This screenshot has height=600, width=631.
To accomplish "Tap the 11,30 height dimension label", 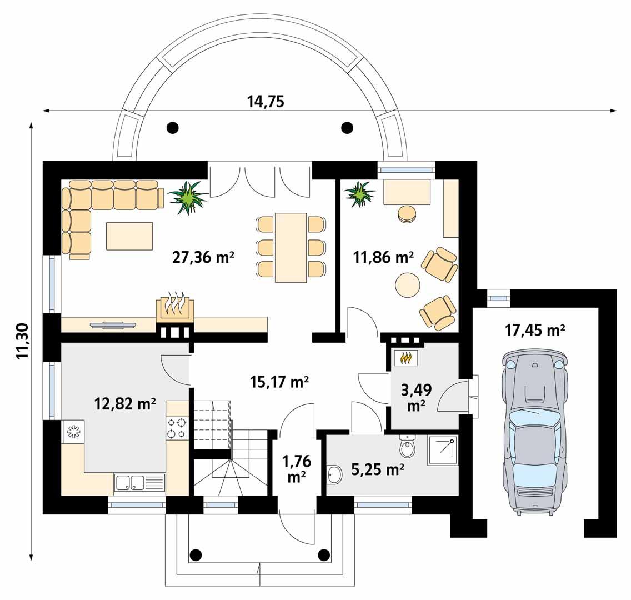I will click(x=22, y=341).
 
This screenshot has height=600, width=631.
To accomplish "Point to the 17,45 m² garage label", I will click(x=535, y=331).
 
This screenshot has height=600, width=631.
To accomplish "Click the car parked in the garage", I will click(x=534, y=433).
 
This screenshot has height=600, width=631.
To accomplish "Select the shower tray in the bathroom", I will click(x=443, y=451).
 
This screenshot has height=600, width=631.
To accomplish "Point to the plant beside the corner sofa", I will click(x=187, y=197).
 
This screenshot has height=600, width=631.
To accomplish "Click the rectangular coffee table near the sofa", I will click(x=129, y=236).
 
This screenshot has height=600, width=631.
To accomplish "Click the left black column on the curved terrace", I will click(x=173, y=128).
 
